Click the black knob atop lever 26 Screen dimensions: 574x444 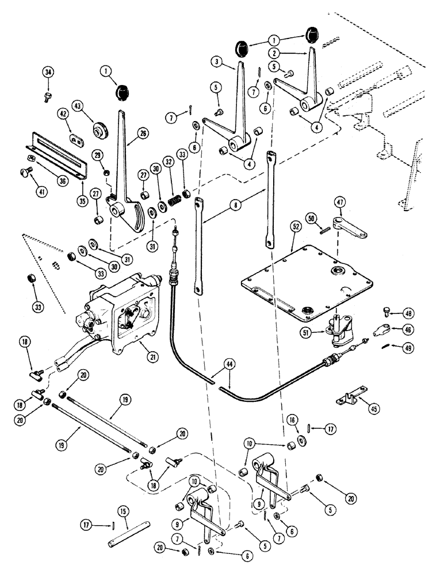click(x=122, y=92)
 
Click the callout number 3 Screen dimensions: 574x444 click(x=216, y=61)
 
